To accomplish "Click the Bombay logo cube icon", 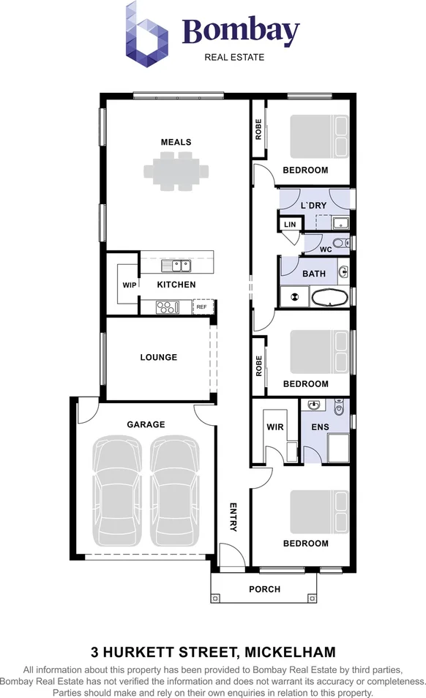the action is [x=146, y=34].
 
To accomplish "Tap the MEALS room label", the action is [x=176, y=142].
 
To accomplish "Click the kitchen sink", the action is [x=176, y=266].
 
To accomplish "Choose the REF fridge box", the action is [x=203, y=307].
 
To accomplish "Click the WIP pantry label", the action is [x=130, y=285].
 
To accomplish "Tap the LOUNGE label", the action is [x=159, y=357].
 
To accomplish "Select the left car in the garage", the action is [x=119, y=490].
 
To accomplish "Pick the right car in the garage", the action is [x=175, y=490].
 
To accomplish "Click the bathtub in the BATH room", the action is [x=329, y=298].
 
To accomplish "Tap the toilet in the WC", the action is [x=341, y=243].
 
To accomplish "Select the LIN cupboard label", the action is [x=290, y=225].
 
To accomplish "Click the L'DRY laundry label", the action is [x=313, y=206].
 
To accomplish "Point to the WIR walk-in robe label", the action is [x=275, y=427].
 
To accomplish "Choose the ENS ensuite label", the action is [x=320, y=427].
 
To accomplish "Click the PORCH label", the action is [x=264, y=589].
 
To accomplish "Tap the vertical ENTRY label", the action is [x=233, y=517].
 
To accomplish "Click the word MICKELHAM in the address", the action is [x=291, y=653].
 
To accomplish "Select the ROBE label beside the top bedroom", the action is [x=258, y=130].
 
